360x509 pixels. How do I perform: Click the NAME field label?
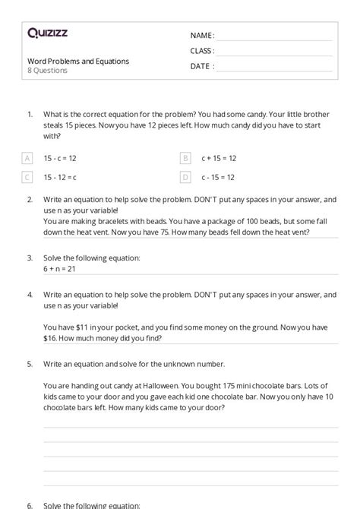(x=201, y=36)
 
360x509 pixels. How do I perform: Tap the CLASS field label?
(x=202, y=51)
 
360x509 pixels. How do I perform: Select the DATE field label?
(x=201, y=66)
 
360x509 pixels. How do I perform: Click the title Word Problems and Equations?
(x=78, y=62)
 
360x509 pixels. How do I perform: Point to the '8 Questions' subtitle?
(x=47, y=71)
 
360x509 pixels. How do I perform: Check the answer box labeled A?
(x=28, y=158)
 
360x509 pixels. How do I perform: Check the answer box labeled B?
(x=185, y=158)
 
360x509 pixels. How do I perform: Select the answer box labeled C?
(x=28, y=177)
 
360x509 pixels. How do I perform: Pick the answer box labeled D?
(x=185, y=177)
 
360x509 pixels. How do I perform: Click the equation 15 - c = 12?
(x=60, y=158)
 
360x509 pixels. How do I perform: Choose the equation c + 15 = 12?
(x=219, y=158)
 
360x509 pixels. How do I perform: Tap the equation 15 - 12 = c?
(x=60, y=177)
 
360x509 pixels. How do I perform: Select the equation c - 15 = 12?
(x=218, y=177)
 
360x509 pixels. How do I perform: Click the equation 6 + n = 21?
(x=60, y=269)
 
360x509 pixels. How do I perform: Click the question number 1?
(x=30, y=114)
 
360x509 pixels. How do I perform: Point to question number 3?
(x=30, y=258)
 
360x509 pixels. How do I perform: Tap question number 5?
(x=30, y=364)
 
